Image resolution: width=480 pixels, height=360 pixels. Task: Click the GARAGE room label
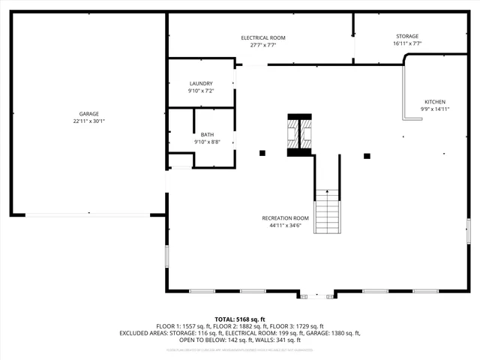pyautogui.click(x=89, y=114)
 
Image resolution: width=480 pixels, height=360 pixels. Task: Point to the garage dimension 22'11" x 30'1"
pyautogui.click(x=89, y=121)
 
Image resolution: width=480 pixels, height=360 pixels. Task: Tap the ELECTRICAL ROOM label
pyautogui.click(x=263, y=37)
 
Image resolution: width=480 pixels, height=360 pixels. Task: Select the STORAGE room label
pyautogui.click(x=407, y=36)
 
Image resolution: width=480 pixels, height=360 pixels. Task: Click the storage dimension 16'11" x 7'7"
pyautogui.click(x=407, y=43)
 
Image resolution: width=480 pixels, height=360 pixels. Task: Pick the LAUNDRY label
pyautogui.click(x=201, y=83)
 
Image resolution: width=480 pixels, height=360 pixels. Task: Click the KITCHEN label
pyautogui.click(x=435, y=101)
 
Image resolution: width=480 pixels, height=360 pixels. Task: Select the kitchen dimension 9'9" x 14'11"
pyautogui.click(x=435, y=109)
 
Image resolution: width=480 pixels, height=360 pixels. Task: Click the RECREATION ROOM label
pyautogui.click(x=286, y=218)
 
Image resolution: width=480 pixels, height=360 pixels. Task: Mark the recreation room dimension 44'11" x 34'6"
pyautogui.click(x=286, y=225)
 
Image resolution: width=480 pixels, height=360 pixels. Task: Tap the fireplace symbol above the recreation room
pyautogui.click(x=300, y=135)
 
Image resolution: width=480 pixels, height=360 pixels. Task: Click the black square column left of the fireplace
pyautogui.click(x=262, y=154)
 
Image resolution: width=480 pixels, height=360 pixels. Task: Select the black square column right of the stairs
pyautogui.click(x=367, y=156)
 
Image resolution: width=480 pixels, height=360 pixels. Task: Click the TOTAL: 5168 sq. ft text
pyautogui.click(x=240, y=319)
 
